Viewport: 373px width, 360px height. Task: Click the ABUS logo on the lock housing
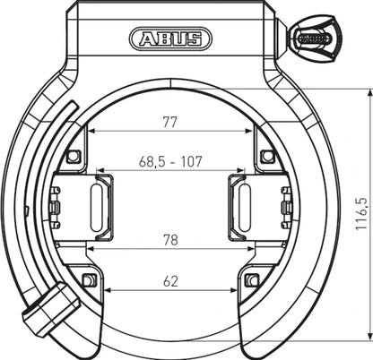(170, 39)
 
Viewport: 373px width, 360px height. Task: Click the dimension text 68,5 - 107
(171, 162)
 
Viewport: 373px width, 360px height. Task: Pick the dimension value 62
(171, 280)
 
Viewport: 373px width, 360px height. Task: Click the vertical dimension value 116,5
(360, 215)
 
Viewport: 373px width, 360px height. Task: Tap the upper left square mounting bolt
(74, 157)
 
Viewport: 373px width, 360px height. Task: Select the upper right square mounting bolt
(266, 157)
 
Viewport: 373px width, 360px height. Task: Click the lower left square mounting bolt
(88, 280)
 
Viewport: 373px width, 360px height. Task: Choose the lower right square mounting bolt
(253, 280)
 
